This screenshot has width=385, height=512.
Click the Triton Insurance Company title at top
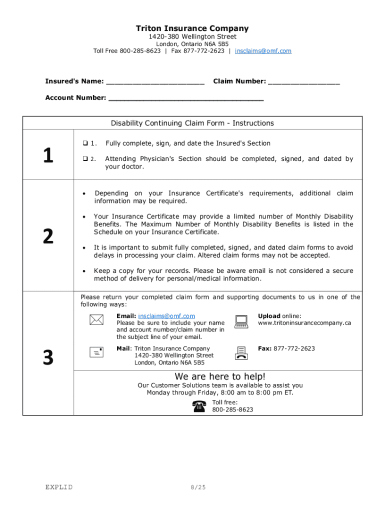[x=192, y=28]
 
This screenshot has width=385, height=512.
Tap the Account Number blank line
[x=185, y=98]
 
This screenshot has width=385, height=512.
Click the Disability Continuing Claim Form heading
[x=192, y=123]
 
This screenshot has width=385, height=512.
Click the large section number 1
[x=48, y=156]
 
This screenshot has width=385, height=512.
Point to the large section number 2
[x=48, y=236]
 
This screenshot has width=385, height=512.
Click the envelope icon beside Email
[x=96, y=320]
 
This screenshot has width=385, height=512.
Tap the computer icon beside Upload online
[x=241, y=321]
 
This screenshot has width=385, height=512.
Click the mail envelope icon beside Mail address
[x=96, y=352]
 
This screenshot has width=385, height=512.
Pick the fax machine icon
[x=241, y=352]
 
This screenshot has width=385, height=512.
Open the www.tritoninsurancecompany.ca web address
[x=304, y=323]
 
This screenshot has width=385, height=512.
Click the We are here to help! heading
[x=220, y=376]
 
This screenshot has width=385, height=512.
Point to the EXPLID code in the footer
[x=58, y=487]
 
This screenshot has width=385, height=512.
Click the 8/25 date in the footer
[x=198, y=487]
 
